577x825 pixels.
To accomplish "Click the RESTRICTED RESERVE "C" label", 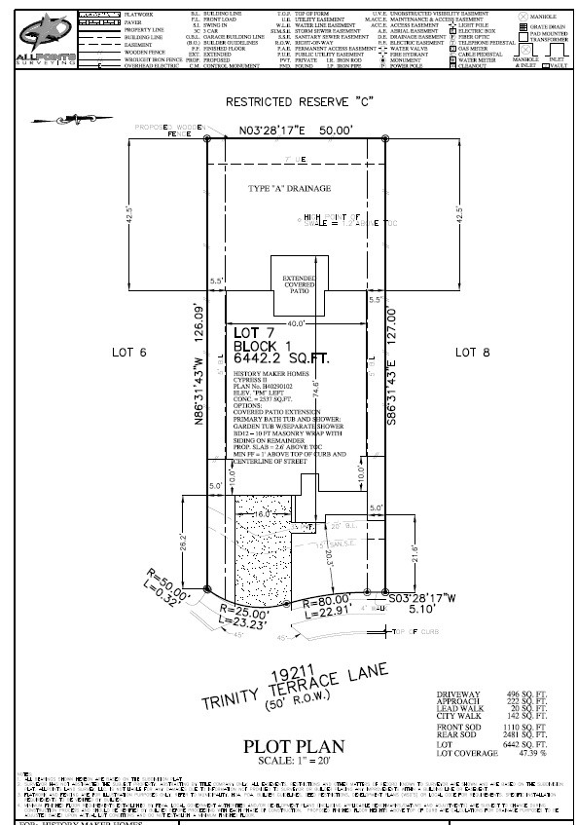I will click(x=300, y=101).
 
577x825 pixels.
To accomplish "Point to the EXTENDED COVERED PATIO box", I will click(x=300, y=282).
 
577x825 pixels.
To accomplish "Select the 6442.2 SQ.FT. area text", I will click(x=281, y=358).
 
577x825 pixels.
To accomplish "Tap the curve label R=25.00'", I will click(x=241, y=615).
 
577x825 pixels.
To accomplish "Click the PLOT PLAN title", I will click(x=293, y=747).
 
